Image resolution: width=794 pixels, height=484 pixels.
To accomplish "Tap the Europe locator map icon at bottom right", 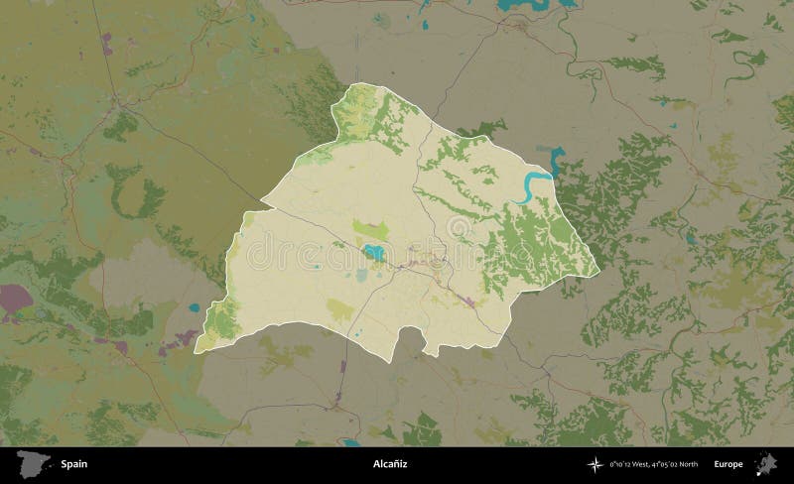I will [767, 463].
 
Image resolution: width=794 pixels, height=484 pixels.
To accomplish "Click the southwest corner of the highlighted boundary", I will [196, 351].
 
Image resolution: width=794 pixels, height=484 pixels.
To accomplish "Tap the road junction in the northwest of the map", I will [118, 99].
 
